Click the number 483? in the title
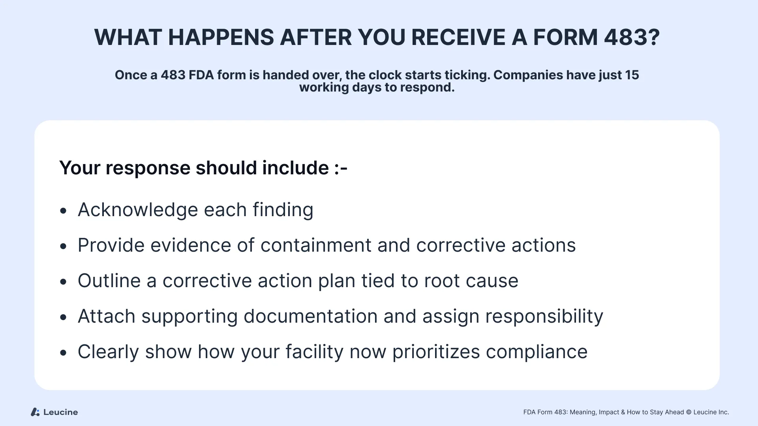tap(632, 37)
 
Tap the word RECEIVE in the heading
tap(458, 37)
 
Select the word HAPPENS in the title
tap(221, 37)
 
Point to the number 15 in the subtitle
tap(632, 75)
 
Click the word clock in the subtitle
tap(384, 75)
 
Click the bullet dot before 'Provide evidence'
tap(64, 247)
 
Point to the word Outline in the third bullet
tap(109, 280)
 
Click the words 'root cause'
tap(471, 281)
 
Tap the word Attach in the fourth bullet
tap(107, 316)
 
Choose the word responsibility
tap(544, 316)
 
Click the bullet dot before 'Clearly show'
tap(64, 353)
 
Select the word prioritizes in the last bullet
tap(436, 352)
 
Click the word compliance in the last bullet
tap(537, 352)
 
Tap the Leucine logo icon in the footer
tap(35, 412)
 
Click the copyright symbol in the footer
tap(689, 412)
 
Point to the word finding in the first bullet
tap(283, 209)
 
